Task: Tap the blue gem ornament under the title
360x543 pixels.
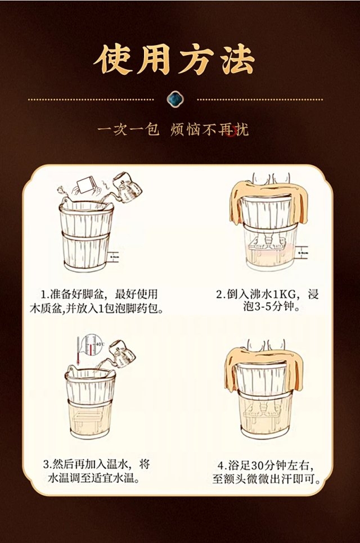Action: (x=180, y=100)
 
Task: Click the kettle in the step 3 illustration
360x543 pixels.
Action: (x=119, y=352)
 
